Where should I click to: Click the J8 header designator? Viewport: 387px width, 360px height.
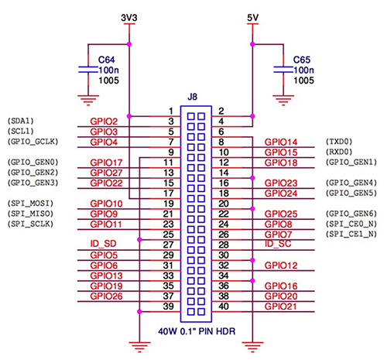[193, 98]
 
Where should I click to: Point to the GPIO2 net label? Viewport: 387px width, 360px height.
[104, 122]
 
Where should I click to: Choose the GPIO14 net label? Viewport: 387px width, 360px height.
[280, 142]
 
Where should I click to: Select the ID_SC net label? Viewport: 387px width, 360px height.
[276, 245]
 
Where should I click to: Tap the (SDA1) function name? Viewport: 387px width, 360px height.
[20, 122]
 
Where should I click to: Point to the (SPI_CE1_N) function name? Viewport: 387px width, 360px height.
[351, 234]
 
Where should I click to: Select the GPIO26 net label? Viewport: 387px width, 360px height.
[106, 295]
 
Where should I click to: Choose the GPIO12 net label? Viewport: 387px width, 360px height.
[280, 265]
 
